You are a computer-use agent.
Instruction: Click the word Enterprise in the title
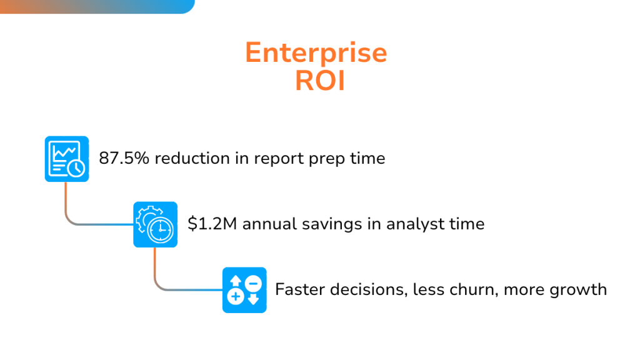tap(316, 53)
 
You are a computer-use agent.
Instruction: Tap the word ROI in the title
tap(320, 81)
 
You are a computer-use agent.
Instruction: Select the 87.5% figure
tap(124, 158)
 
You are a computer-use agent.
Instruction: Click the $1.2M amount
tap(212, 224)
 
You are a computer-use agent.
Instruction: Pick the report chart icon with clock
tap(67, 159)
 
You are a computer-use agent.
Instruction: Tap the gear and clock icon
tap(156, 224)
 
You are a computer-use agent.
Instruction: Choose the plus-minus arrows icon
tap(244, 290)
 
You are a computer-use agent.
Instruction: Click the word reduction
tap(192, 158)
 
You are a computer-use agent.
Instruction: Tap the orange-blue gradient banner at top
tap(97, 6)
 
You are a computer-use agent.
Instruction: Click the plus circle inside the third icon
tap(236, 297)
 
